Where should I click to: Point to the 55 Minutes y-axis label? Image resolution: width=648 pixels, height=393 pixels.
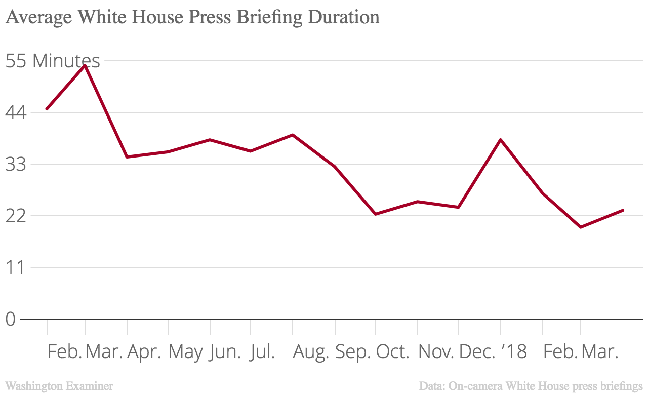(53, 61)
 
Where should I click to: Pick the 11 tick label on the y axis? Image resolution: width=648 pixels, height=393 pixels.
(15, 267)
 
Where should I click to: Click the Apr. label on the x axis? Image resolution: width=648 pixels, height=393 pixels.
(144, 352)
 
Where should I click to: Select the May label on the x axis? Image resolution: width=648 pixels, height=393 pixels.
(186, 352)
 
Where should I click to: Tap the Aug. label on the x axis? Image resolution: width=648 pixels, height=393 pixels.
(311, 352)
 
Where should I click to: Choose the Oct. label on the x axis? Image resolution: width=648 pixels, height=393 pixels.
(393, 352)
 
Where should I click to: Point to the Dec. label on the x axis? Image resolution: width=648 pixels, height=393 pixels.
(476, 352)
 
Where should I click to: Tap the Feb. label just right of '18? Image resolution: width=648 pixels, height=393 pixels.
(560, 352)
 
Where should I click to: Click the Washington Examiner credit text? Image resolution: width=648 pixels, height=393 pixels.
(59, 386)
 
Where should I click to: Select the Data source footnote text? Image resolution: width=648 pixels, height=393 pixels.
(531, 386)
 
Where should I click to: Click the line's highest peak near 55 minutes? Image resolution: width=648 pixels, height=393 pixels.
(85, 65)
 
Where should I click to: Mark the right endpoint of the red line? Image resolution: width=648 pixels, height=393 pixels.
(623, 210)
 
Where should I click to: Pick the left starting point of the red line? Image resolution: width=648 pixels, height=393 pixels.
(47, 109)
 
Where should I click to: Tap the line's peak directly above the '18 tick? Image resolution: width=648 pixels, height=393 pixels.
(501, 139)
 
